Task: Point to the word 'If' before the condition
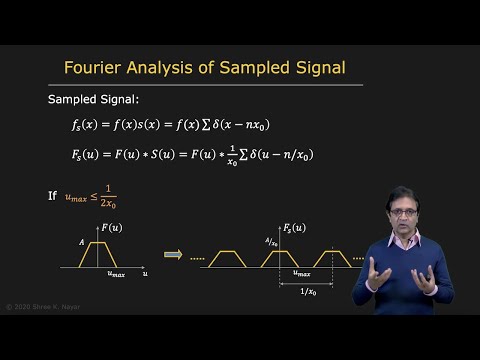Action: (52, 196)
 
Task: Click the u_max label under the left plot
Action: (117, 273)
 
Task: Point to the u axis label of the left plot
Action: (145, 272)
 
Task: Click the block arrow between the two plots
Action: (173, 254)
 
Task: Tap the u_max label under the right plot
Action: (301, 272)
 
